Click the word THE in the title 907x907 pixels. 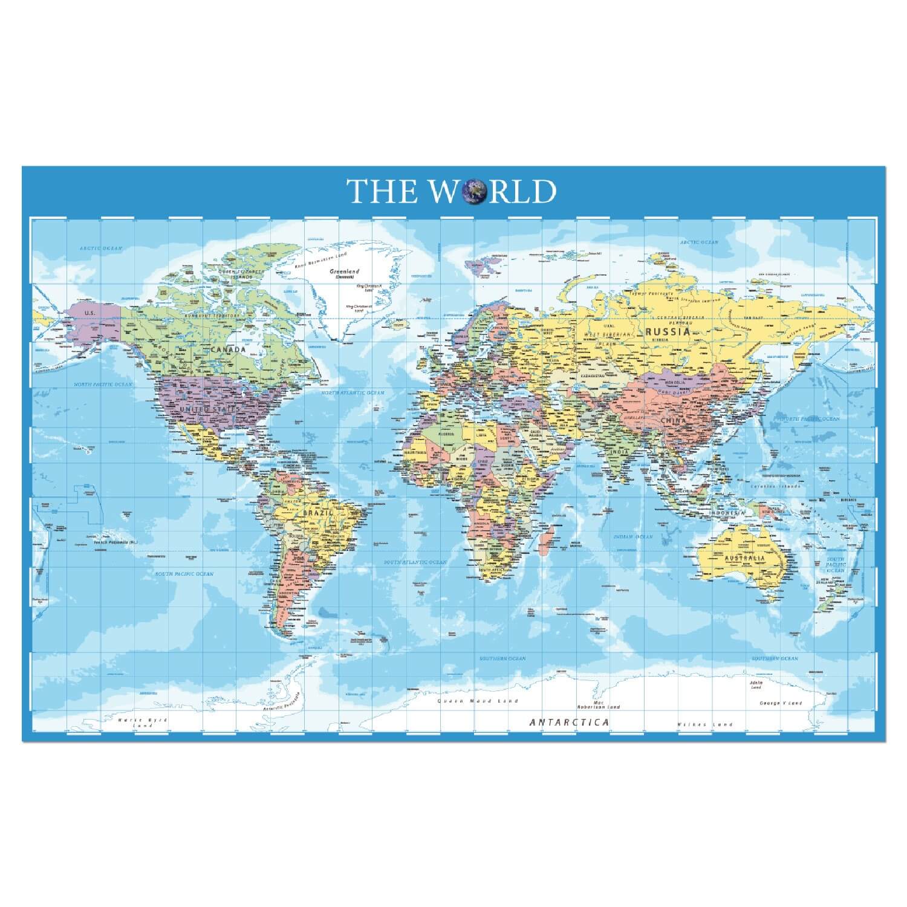click(382, 190)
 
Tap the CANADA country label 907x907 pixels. click(229, 349)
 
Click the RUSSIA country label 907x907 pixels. click(668, 331)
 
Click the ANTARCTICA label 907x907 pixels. click(569, 722)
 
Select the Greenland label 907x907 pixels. click(345, 271)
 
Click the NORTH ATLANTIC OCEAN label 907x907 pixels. click(353, 393)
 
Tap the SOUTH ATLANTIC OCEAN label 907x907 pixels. click(415, 562)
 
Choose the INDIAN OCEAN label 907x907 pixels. click(633, 536)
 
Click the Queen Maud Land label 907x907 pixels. click(478, 701)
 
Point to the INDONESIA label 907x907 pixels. click(727, 513)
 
